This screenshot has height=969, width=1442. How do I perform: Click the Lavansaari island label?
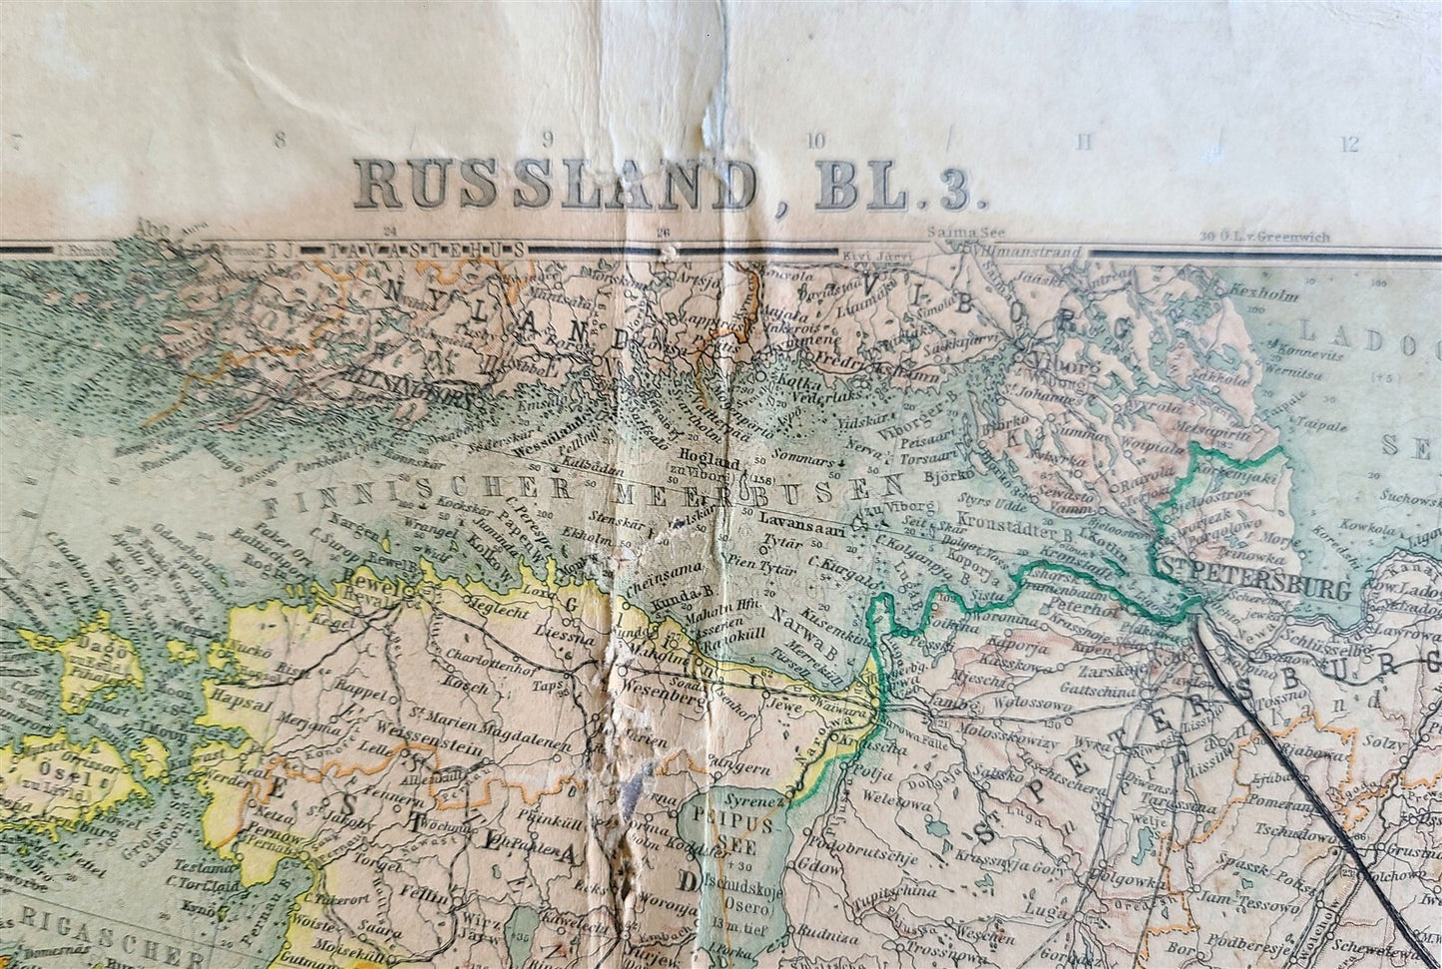(801, 519)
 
